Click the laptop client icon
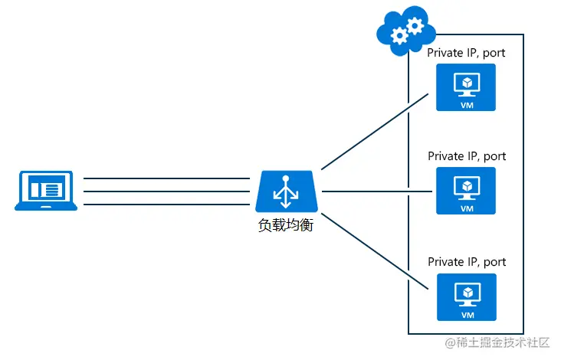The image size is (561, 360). point(46,190)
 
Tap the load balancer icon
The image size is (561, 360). point(287,191)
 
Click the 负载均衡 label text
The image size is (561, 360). point(287,226)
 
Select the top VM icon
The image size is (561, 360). point(466,87)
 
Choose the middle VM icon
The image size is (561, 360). point(466,191)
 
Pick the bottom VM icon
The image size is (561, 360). point(466,296)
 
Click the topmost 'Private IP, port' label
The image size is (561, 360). point(467,53)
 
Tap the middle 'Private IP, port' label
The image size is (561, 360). point(467,156)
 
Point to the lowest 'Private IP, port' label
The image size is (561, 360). point(467,261)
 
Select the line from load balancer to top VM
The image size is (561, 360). point(375,135)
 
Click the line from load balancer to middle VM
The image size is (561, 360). point(376,191)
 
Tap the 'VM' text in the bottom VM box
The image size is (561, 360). point(466,314)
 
